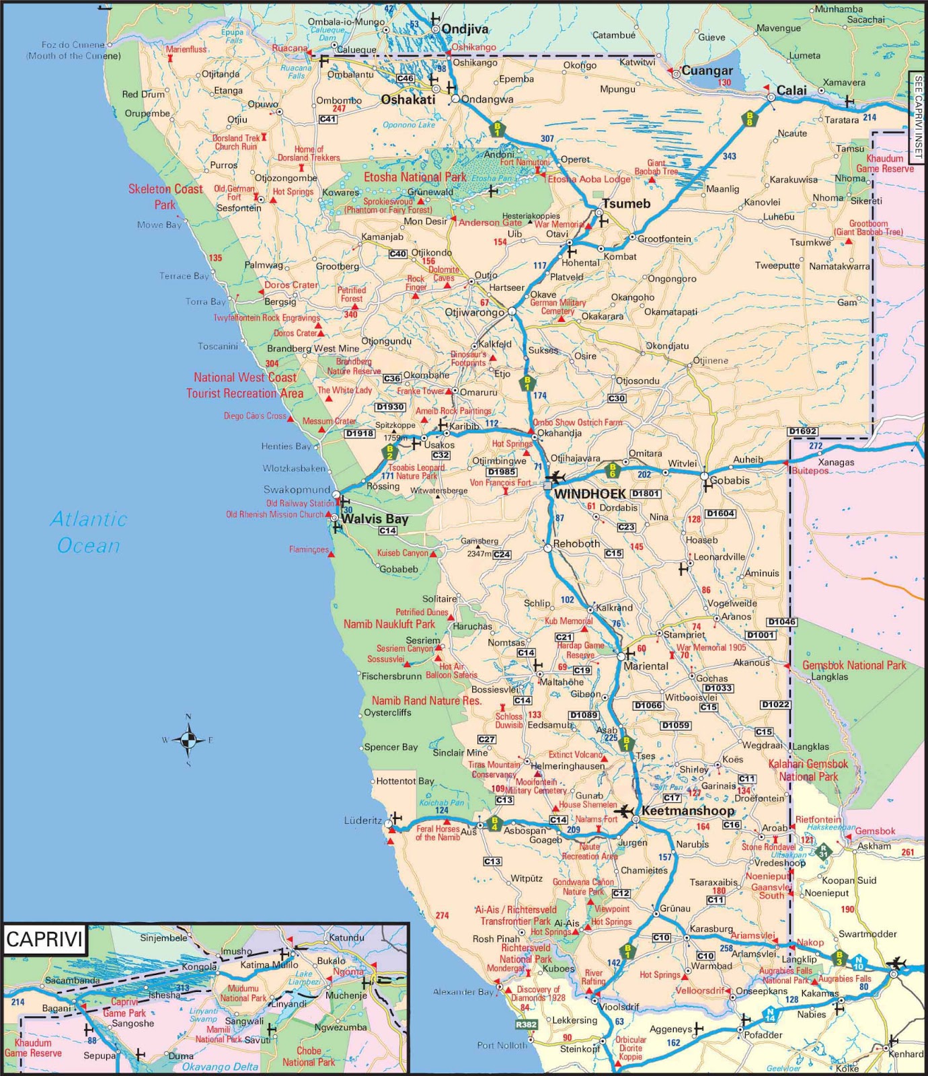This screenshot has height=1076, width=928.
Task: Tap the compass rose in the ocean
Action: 188,740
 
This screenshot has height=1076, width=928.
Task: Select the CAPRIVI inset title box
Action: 44,939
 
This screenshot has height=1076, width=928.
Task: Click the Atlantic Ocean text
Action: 89,532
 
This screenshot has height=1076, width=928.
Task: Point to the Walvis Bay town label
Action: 375,519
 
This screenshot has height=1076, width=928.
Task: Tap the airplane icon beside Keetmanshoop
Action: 624,811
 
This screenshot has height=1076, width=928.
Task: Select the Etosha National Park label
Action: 414,178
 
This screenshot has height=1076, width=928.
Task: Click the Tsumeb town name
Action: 626,204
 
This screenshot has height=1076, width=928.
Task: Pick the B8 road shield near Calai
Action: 749,119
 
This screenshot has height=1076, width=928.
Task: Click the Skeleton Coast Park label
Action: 165,197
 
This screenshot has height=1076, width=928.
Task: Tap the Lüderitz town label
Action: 362,820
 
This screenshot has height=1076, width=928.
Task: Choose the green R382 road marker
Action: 526,1025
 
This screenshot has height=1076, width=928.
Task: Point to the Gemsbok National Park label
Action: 854,665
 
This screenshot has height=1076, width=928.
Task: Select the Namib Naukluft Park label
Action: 389,624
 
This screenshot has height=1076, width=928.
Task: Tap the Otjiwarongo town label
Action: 474,313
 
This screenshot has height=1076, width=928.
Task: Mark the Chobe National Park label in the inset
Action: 309,1056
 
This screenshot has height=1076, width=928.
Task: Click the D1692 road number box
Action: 802,431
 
